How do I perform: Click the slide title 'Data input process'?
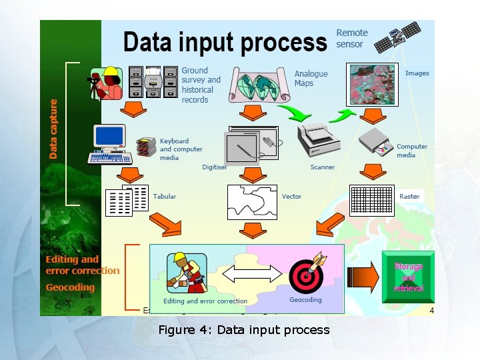tap(225, 42)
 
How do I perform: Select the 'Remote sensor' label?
tap(351, 38)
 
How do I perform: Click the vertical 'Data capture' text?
tap(53, 129)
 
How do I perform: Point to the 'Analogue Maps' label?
tap(311, 78)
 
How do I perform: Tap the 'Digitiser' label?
tap(215, 167)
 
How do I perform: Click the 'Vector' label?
tap(291, 197)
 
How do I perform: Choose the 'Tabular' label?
tap(165, 197)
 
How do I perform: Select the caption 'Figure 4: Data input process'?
tap(243, 330)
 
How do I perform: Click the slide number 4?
tap(431, 311)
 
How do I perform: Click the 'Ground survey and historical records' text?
tap(200, 85)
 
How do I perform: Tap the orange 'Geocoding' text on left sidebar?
tap(70, 287)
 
